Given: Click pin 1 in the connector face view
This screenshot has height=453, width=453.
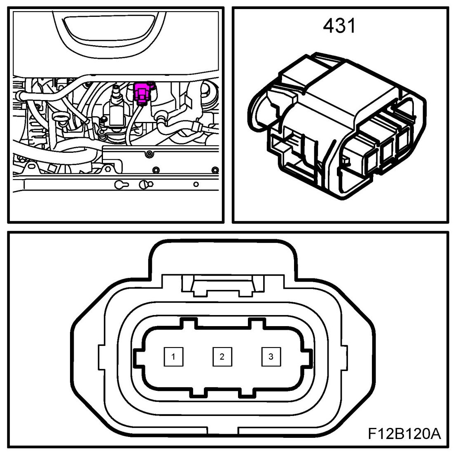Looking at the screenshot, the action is point(173,357).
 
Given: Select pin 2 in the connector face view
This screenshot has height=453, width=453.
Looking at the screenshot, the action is point(222,357).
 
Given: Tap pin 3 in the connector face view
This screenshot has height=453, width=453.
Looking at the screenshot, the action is point(271,357).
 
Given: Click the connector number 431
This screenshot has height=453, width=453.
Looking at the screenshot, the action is point(339,26).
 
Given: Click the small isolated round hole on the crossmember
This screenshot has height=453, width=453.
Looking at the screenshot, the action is point(196,184).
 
